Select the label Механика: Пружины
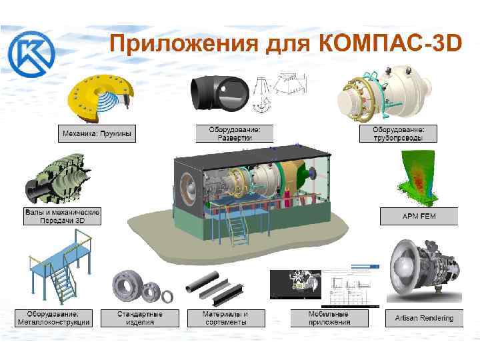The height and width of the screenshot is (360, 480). tap(97, 134)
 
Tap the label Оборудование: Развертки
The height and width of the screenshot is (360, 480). tap(234, 134)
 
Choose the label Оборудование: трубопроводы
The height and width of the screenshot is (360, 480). tap(399, 133)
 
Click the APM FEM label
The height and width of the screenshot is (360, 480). tap(419, 216)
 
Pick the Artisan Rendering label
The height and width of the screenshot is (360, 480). tap(419, 318)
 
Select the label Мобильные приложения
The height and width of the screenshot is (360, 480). tap(329, 318)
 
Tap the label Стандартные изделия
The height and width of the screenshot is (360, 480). tap(140, 318)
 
